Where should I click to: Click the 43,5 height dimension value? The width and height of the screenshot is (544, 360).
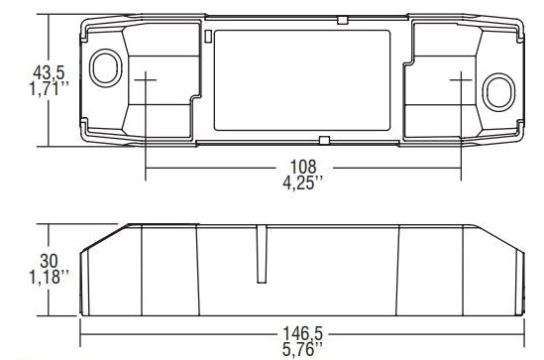click(43, 73)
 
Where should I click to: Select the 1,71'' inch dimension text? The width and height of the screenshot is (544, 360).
click(45, 90)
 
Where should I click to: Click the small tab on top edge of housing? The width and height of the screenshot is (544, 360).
click(341, 19)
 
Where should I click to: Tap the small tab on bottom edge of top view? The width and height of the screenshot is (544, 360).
click(323, 140)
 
